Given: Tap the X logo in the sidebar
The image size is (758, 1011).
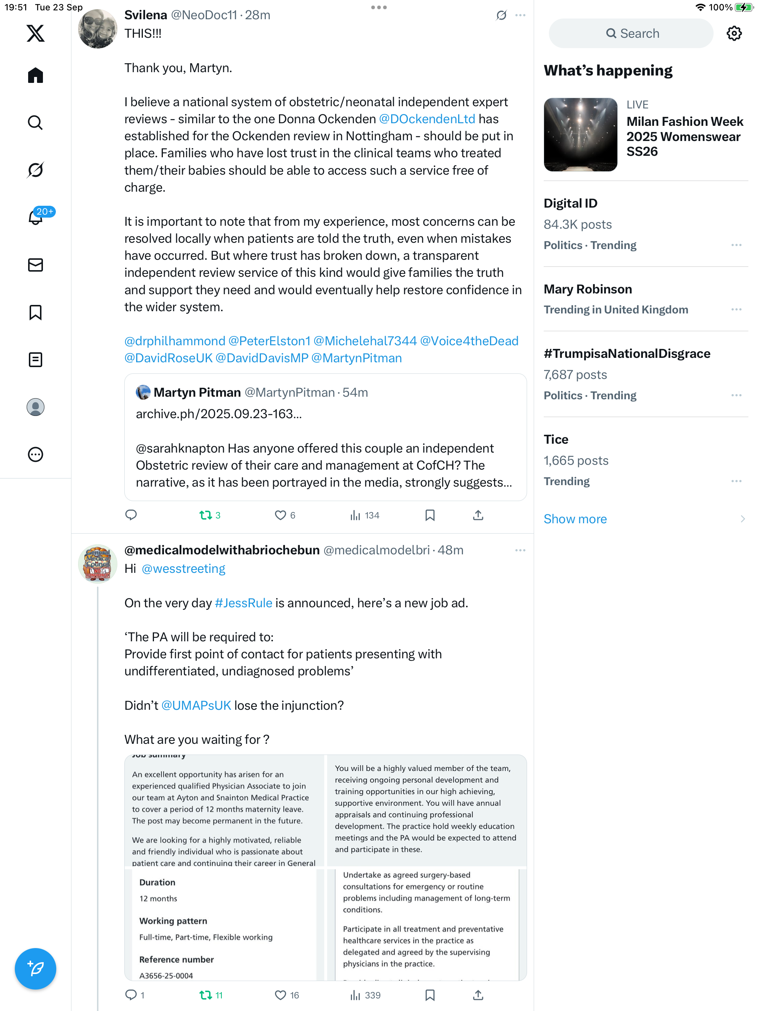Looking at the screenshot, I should click(35, 33).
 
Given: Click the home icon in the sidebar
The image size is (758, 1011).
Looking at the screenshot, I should click(35, 75).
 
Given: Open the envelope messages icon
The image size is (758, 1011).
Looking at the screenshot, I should click(35, 265).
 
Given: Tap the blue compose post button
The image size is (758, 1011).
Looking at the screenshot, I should click(35, 968).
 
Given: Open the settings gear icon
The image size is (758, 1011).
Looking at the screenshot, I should click(734, 33).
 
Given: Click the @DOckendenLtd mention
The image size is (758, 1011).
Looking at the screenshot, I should click(426, 119).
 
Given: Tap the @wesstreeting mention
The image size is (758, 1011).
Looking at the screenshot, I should click(183, 568).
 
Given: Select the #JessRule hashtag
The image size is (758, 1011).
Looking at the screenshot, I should click(243, 603).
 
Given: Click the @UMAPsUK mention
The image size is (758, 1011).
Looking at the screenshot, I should click(196, 705).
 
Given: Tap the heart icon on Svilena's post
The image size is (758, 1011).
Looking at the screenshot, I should click(280, 515).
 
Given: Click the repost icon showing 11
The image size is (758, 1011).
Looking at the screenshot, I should click(206, 995).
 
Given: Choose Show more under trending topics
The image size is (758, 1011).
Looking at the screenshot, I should click(575, 519).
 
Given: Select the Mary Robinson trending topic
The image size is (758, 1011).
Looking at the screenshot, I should click(587, 289).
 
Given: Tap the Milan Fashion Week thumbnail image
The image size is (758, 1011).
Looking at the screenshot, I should click(580, 134).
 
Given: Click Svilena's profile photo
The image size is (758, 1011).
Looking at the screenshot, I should click(97, 29).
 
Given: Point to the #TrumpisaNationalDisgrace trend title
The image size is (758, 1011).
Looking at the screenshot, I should click(627, 354).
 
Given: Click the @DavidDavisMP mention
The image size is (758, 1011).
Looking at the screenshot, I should click(262, 358).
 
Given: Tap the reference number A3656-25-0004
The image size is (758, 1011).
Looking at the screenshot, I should click(166, 975).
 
